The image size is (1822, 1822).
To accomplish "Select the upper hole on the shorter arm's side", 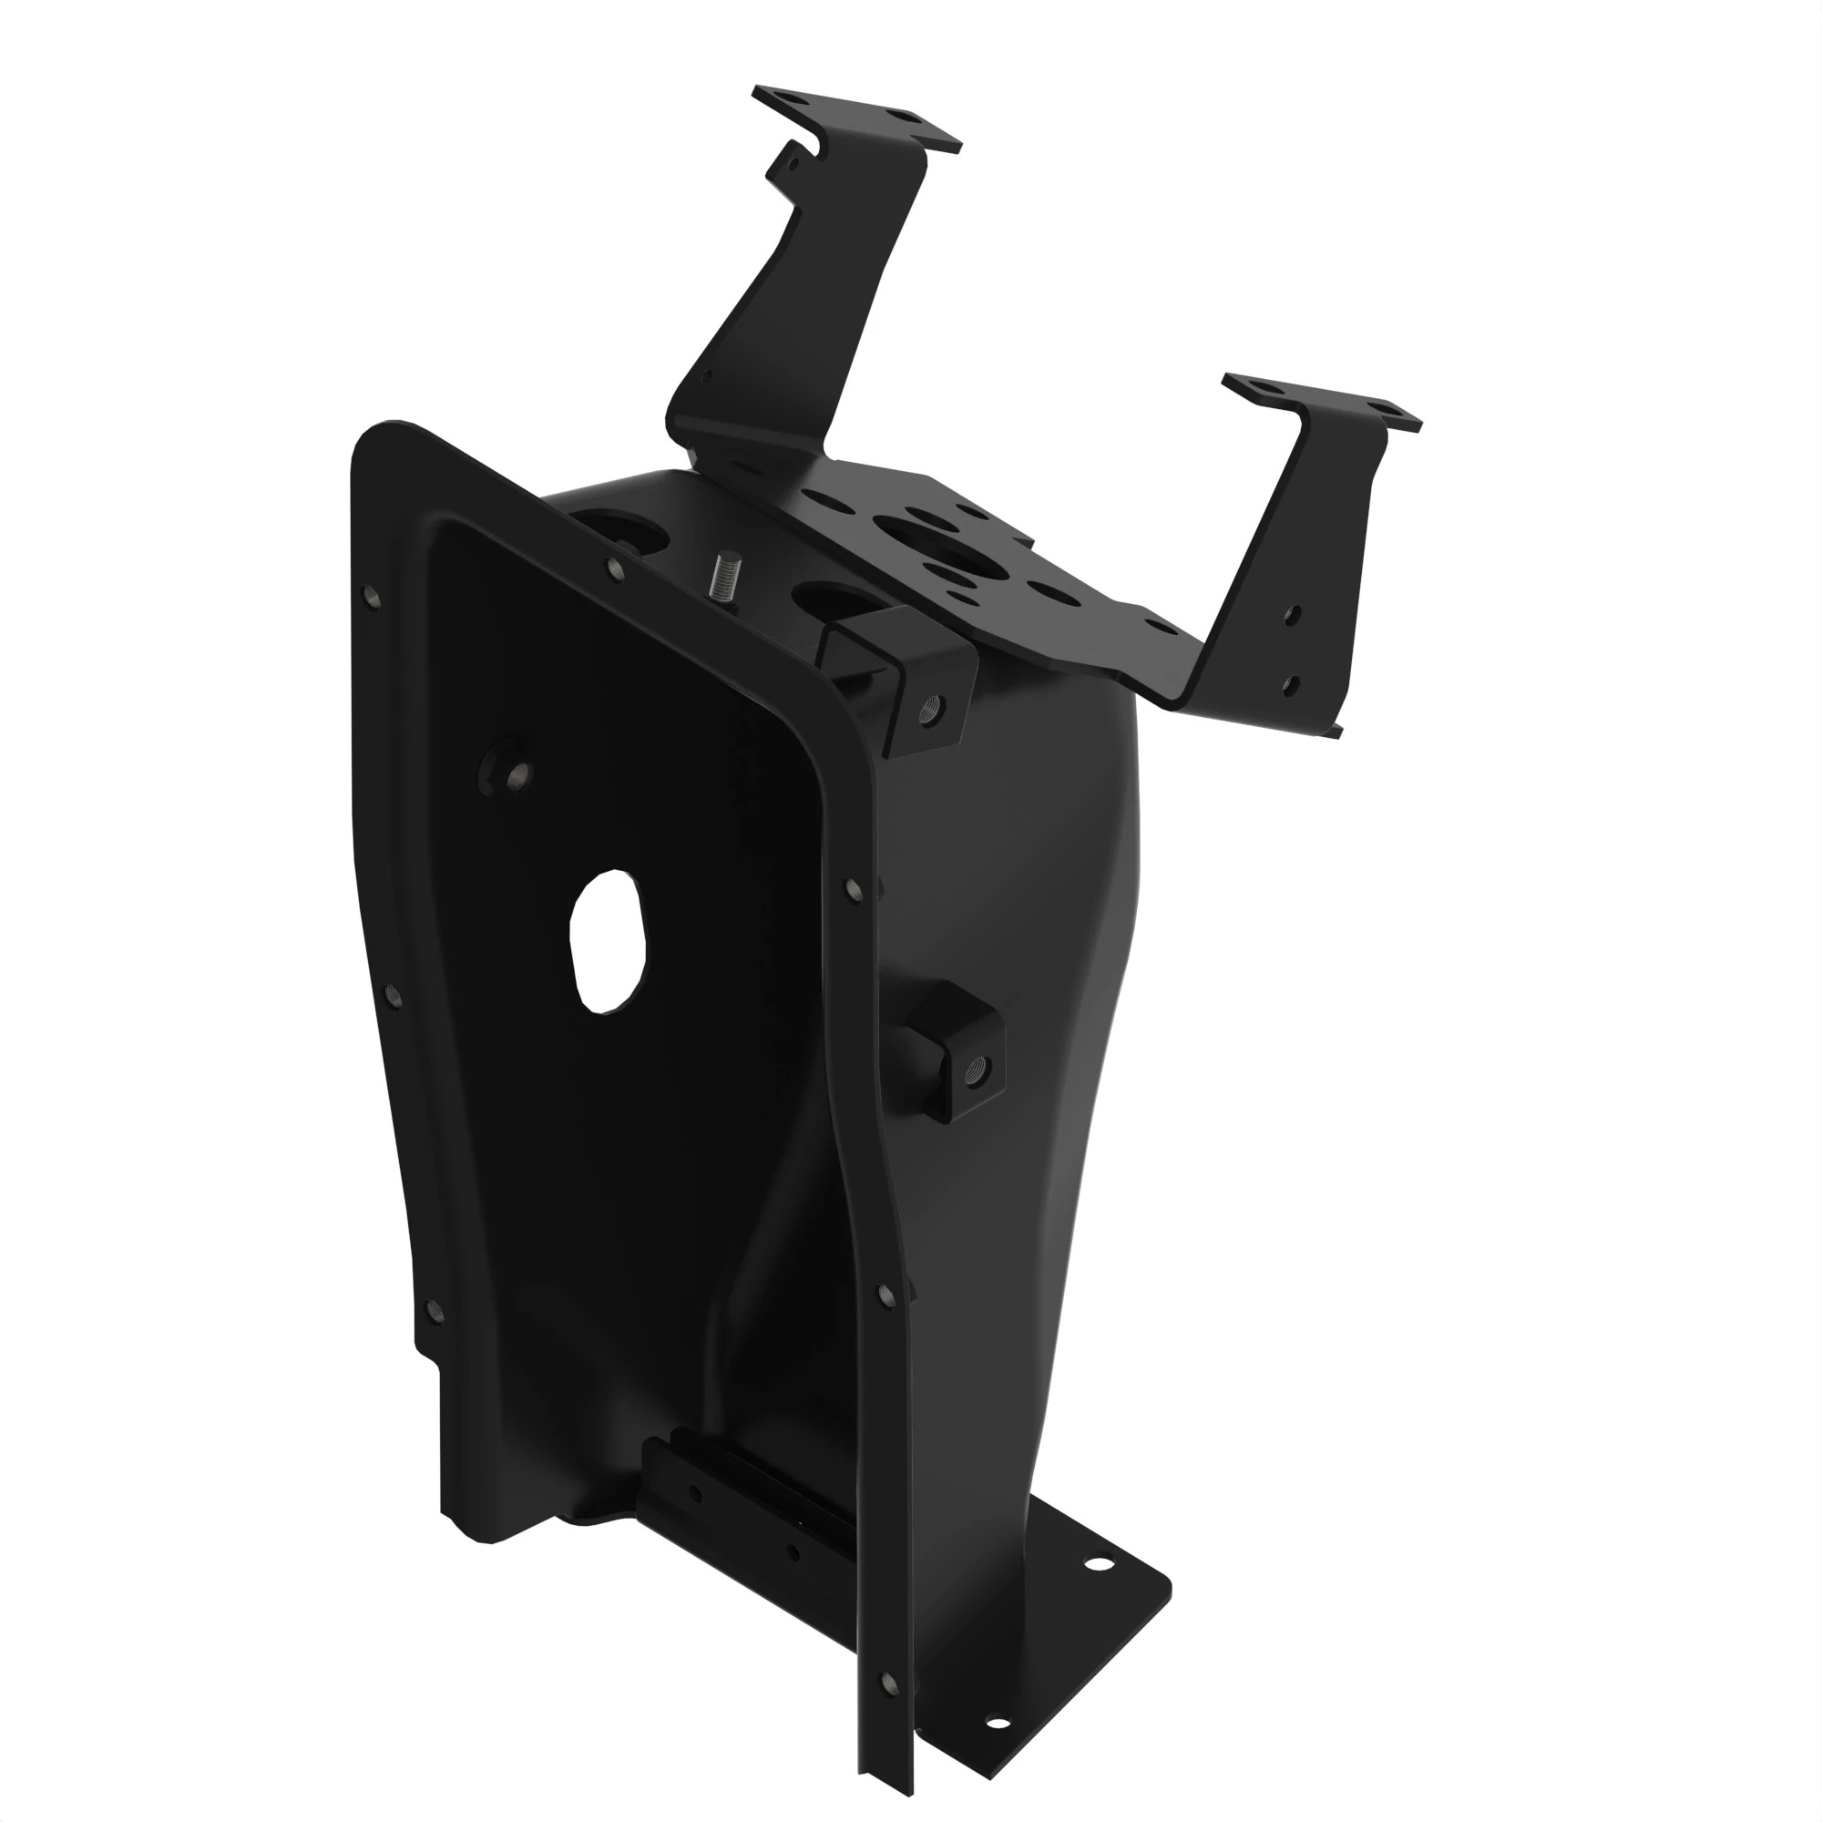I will pyautogui.click(x=1293, y=614).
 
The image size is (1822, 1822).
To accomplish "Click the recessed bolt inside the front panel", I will pyautogui.click(x=515, y=774).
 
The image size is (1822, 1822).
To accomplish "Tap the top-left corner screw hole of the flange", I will pyautogui.click(x=371, y=595).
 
